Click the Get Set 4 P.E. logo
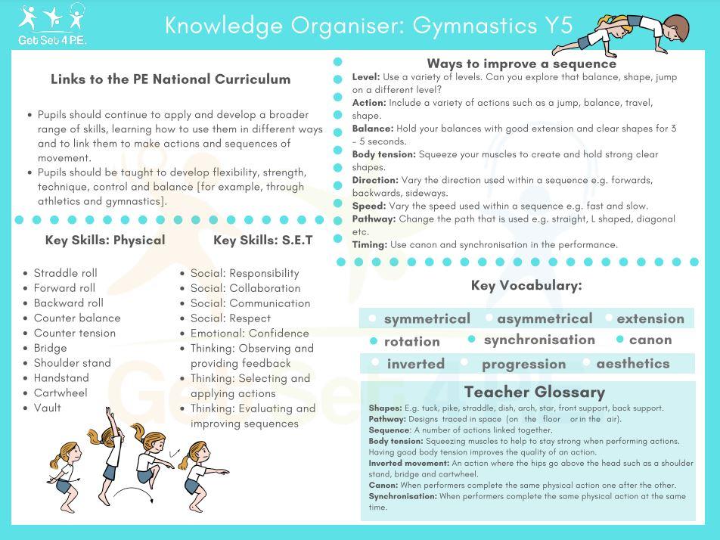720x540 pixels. click(52, 24)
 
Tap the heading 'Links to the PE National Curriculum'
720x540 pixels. click(170, 79)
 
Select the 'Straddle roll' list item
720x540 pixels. click(66, 273)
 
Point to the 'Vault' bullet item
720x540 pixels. click(47, 408)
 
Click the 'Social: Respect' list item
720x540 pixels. click(230, 318)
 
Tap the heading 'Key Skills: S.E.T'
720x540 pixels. click(262, 241)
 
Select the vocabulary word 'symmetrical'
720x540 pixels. click(427, 319)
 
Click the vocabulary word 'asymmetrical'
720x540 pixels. click(545, 319)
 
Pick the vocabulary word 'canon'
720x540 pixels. click(650, 340)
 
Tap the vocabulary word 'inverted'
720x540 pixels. click(415, 365)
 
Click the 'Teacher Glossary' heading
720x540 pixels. click(534, 393)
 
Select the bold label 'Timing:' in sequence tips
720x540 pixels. click(370, 245)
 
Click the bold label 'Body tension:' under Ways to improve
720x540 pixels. click(384, 154)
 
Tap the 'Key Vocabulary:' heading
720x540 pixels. click(526, 286)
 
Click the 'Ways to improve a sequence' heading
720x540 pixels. click(521, 64)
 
